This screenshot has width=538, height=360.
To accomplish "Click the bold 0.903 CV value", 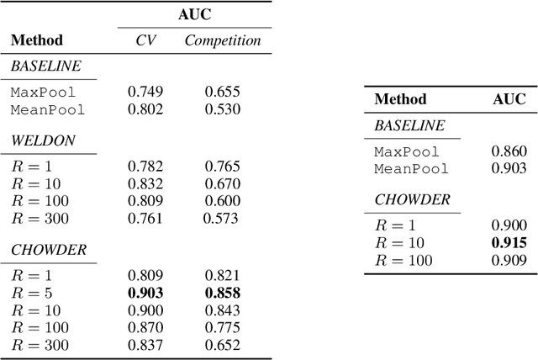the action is (145, 293).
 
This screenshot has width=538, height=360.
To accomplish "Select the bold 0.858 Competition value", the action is (223, 293).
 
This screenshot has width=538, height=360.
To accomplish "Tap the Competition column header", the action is (223, 40).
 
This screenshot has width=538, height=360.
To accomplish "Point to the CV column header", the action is (146, 40).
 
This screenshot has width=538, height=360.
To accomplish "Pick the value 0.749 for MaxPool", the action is (145, 92).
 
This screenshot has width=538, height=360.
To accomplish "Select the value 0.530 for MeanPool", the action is (223, 109).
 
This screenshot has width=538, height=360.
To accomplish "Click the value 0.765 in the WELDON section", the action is (223, 167).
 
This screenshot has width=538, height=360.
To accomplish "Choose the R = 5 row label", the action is (30, 293).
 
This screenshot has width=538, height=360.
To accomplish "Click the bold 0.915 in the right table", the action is (509, 243).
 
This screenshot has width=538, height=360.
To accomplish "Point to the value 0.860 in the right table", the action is (509, 151).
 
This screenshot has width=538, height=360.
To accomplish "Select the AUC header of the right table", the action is (509, 99).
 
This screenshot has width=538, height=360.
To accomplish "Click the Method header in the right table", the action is (400, 99).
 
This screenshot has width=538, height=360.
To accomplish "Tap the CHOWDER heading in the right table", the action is (412, 200).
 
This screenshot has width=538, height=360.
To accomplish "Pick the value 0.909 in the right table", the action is (509, 261).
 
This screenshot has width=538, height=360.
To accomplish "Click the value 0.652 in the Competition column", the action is (223, 345).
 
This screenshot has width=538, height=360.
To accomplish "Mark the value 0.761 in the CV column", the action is (145, 220).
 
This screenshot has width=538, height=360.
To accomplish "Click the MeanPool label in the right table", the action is (411, 168).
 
